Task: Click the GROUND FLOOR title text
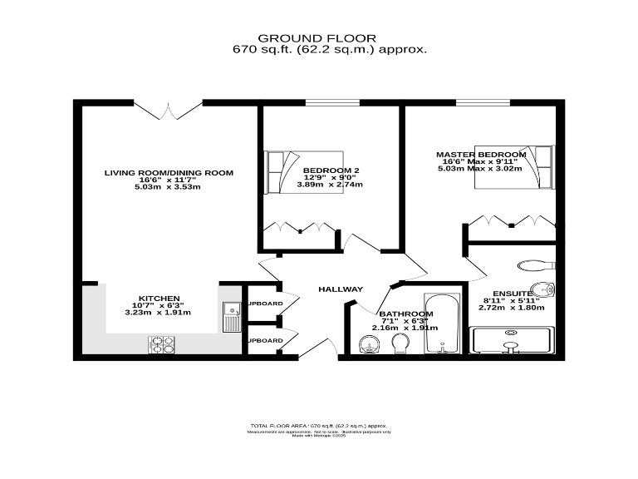pos(317,38)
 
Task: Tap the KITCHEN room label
pos(158,297)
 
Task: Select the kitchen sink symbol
pos(231,314)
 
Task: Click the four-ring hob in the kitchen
pos(161,343)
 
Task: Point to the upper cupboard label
pos(264,304)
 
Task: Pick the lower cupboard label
pos(264,340)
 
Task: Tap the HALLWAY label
pos(341,289)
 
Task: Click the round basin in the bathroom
pos(366,345)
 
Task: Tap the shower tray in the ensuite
pos(510,341)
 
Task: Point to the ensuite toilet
pos(531,266)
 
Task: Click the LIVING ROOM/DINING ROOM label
pos(169,173)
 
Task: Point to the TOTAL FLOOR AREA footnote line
pos(319,426)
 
